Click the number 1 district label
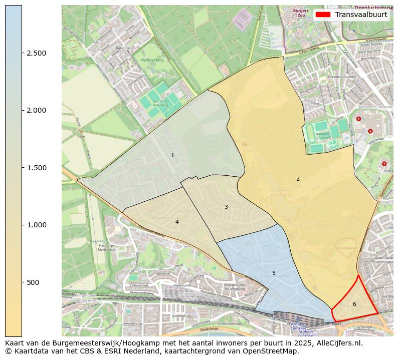(172, 156)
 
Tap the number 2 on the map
(298, 179)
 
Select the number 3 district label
(226, 207)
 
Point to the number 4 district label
(177, 222)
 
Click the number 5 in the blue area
(274, 273)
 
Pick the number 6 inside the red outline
(354, 304)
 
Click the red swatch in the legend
(323, 15)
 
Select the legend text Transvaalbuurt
(361, 15)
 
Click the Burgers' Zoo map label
(301, 13)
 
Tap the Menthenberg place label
(152, 60)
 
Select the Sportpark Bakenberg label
(160, 103)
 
